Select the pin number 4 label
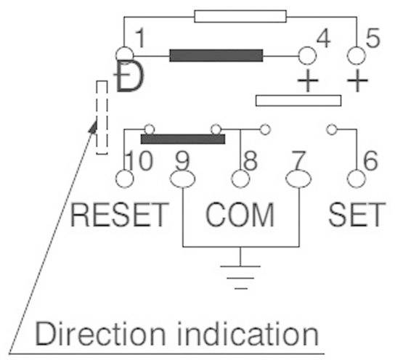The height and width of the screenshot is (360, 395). tap(324, 40)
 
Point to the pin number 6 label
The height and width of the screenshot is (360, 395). tap(370, 161)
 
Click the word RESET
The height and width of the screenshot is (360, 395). tap(120, 215)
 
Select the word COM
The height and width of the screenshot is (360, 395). tap(240, 215)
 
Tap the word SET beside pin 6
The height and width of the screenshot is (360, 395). tap(357, 215)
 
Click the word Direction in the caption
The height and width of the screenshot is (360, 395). tap(86, 334)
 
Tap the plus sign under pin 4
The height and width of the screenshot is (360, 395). tap(308, 81)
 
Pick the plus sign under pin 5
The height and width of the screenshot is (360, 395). tap(357, 81)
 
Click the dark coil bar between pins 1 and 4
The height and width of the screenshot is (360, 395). tap(216, 55)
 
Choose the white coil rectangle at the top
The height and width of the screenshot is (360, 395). tap(240, 15)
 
